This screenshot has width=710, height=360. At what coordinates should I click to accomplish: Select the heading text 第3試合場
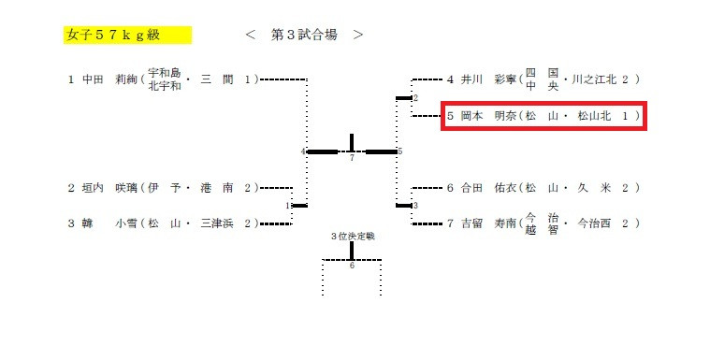pos(305,35)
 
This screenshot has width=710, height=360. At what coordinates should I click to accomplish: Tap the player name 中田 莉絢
pos(108,79)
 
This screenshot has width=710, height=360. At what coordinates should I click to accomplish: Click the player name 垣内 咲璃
pos(108,188)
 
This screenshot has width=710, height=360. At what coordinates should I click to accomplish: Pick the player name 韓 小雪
pos(108,223)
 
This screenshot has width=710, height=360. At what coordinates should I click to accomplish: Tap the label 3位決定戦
pos(352,236)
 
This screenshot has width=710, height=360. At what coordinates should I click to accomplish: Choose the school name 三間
pos(216,79)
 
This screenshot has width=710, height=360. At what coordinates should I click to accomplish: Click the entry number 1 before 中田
pos(70,79)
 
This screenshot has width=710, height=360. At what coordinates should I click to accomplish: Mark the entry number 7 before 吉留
pos(450,223)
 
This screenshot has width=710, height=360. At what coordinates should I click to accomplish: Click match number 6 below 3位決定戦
pos(352,266)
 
